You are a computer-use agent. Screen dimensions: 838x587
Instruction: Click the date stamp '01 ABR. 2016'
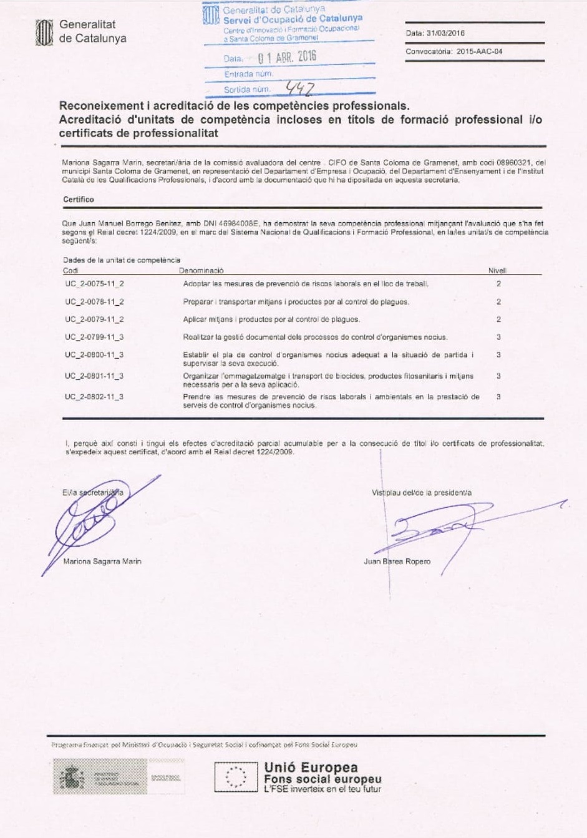[x=288, y=57]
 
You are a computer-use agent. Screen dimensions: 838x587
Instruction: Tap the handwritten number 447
[x=300, y=89]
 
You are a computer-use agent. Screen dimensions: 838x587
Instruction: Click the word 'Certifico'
[x=79, y=200]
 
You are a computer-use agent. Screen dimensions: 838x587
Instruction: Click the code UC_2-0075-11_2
[x=94, y=284]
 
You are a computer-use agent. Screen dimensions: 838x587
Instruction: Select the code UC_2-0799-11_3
[x=94, y=337]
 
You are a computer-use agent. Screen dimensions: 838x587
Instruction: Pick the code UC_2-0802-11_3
[x=94, y=397]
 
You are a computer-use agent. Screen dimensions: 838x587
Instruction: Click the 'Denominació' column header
[x=201, y=271]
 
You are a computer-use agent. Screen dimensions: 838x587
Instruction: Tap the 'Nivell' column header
[x=497, y=271]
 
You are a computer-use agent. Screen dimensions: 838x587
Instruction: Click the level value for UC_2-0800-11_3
[x=498, y=355]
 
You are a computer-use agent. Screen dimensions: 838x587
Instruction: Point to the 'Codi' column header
[x=70, y=271]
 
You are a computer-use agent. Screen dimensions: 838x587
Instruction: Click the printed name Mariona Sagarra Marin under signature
[x=102, y=562]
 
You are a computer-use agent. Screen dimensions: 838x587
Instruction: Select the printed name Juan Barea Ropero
[x=397, y=562]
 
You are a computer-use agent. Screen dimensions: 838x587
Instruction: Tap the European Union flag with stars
[x=235, y=777]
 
